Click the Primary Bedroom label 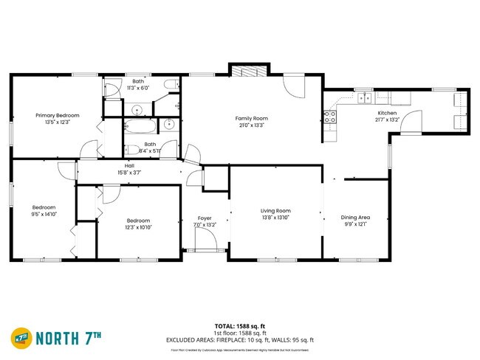[x=58, y=115]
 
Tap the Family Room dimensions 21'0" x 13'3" [x=251, y=125]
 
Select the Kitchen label [x=387, y=113]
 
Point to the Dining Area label [x=355, y=218]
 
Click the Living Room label [x=275, y=210]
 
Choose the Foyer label [x=205, y=218]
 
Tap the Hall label [x=129, y=166]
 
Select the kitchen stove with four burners [x=329, y=116]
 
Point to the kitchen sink [x=365, y=97]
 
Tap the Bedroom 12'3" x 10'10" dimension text [x=138, y=227]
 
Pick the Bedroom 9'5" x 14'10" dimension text [x=44, y=214]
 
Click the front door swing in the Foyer [x=204, y=238]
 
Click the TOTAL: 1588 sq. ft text [x=240, y=325]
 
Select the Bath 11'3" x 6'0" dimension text [x=138, y=88]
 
